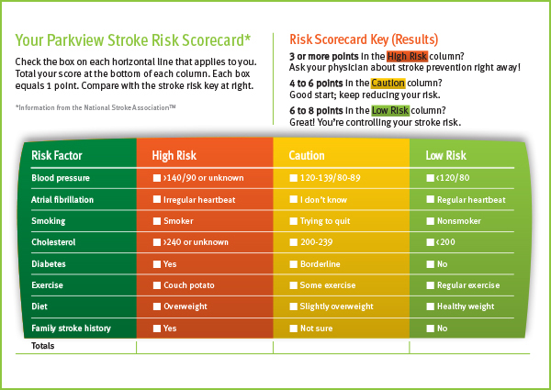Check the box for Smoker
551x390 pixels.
pyautogui.click(x=157, y=221)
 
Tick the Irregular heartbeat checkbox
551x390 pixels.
pyautogui.click(x=157, y=199)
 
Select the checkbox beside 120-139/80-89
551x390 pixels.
pyautogui.click(x=294, y=178)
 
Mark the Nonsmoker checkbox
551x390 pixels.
pyautogui.click(x=430, y=221)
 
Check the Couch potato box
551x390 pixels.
pyautogui.click(x=157, y=285)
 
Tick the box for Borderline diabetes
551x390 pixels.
pyautogui.click(x=294, y=264)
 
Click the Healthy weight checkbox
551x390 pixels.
pyautogui.click(x=430, y=306)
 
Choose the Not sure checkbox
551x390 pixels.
pyautogui.click(x=294, y=329)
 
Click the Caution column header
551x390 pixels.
pyautogui.click(x=307, y=155)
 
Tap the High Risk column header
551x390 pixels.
pyautogui.click(x=174, y=155)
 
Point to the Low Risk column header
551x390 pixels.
pyautogui.click(x=445, y=155)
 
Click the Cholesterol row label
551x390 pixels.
pyautogui.click(x=53, y=242)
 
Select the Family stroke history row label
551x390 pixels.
pyautogui.click(x=71, y=329)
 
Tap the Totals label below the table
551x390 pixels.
pyautogui.click(x=43, y=346)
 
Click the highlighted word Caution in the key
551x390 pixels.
pyautogui.click(x=388, y=84)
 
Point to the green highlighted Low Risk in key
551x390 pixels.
pyautogui.click(x=390, y=110)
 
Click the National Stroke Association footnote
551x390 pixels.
pyautogui.click(x=96, y=107)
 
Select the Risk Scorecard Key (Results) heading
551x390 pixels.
pyautogui.click(x=364, y=39)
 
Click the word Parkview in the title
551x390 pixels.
pyautogui.click(x=75, y=40)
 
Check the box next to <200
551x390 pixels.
pyautogui.click(x=430, y=242)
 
